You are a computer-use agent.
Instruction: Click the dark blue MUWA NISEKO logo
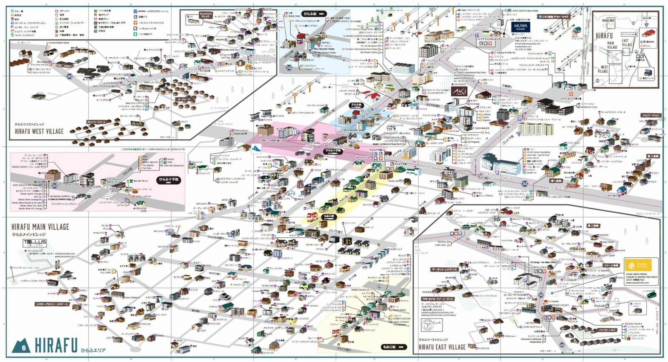pyautogui.click(x=520, y=27)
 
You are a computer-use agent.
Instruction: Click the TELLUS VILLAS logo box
pyautogui.click(x=35, y=243)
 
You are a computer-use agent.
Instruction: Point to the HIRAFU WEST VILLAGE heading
pyautogui.click(x=39, y=131)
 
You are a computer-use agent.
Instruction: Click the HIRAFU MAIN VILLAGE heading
pyautogui.click(x=40, y=227)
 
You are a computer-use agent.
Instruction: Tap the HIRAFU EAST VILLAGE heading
pyautogui.click(x=442, y=347)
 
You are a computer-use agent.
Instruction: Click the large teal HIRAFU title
pyautogui.click(x=56, y=345)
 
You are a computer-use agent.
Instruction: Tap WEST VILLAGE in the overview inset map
pyautogui.click(x=604, y=69)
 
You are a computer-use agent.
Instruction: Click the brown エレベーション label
pyautogui.click(x=651, y=115)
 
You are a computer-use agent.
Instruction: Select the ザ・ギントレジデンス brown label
pyautogui.click(x=444, y=269)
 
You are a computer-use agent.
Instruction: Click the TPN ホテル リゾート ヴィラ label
pyautogui.click(x=437, y=299)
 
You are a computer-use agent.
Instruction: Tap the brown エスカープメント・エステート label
pyautogui.click(x=52, y=304)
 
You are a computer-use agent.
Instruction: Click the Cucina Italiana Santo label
pyautogui.click(x=59, y=43)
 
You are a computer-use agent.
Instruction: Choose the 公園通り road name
pyautogui.click(x=507, y=86)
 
